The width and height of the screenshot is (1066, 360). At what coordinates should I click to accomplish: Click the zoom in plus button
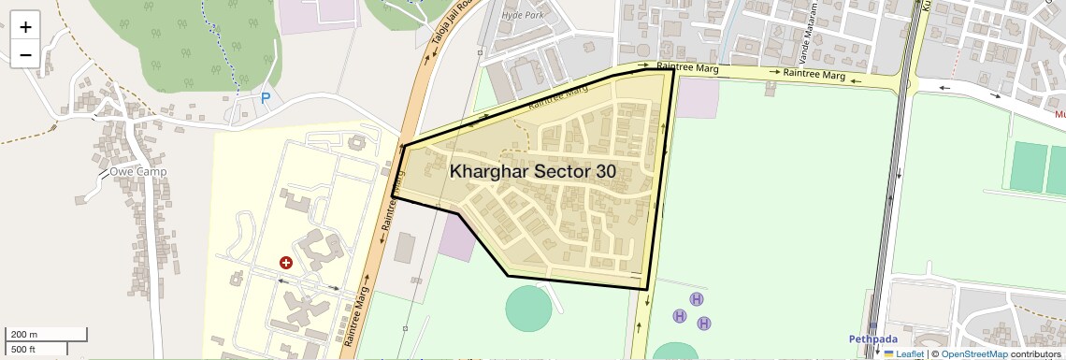25,26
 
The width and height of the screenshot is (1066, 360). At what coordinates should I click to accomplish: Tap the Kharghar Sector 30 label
532,171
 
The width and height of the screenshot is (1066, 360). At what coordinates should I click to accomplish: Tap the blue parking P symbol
266,97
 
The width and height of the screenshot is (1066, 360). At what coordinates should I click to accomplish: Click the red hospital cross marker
286,264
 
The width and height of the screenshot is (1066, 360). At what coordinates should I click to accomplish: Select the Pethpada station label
873,338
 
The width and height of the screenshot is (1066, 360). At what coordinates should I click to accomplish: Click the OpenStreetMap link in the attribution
973,353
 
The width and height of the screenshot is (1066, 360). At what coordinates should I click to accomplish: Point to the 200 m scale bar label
24,335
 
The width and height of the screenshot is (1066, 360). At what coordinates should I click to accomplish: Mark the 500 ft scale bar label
23,350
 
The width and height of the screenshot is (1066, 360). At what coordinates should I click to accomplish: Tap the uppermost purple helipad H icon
696,298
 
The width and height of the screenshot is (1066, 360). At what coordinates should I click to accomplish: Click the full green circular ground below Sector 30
528,308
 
